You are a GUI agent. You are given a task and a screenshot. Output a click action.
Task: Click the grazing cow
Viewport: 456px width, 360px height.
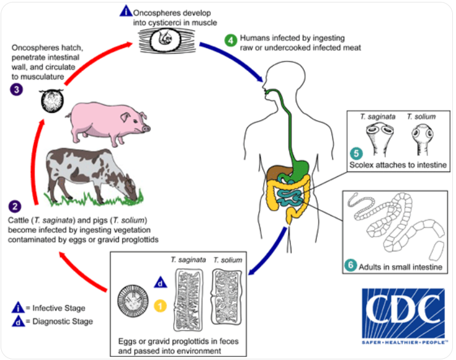coord(92,175)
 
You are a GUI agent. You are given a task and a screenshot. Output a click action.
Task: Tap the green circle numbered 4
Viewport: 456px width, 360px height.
coord(230,41)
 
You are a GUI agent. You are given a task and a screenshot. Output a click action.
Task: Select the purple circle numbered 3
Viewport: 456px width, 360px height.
coord(17,89)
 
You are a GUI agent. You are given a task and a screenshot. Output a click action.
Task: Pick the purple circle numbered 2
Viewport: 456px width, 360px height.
coord(15,207)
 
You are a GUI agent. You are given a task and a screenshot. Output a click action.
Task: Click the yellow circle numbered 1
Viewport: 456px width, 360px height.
coord(160,306)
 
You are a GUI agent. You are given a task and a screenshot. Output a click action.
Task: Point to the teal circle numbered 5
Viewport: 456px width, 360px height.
coord(356,153)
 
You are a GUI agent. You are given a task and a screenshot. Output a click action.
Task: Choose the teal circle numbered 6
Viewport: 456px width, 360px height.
coord(351,265)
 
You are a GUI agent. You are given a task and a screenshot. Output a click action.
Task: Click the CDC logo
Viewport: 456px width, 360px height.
coord(404,316)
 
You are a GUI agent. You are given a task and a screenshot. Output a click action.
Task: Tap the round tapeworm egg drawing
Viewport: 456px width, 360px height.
coord(133,301)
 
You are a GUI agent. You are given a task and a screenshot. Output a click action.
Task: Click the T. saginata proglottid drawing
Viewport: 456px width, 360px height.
coord(188,300)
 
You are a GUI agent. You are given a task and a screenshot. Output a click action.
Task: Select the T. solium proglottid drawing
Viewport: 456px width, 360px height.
coord(227,297)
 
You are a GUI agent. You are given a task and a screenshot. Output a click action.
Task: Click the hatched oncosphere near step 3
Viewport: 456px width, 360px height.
coord(52,100)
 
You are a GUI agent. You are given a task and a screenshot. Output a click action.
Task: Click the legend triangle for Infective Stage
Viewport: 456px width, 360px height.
coord(18,308)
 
